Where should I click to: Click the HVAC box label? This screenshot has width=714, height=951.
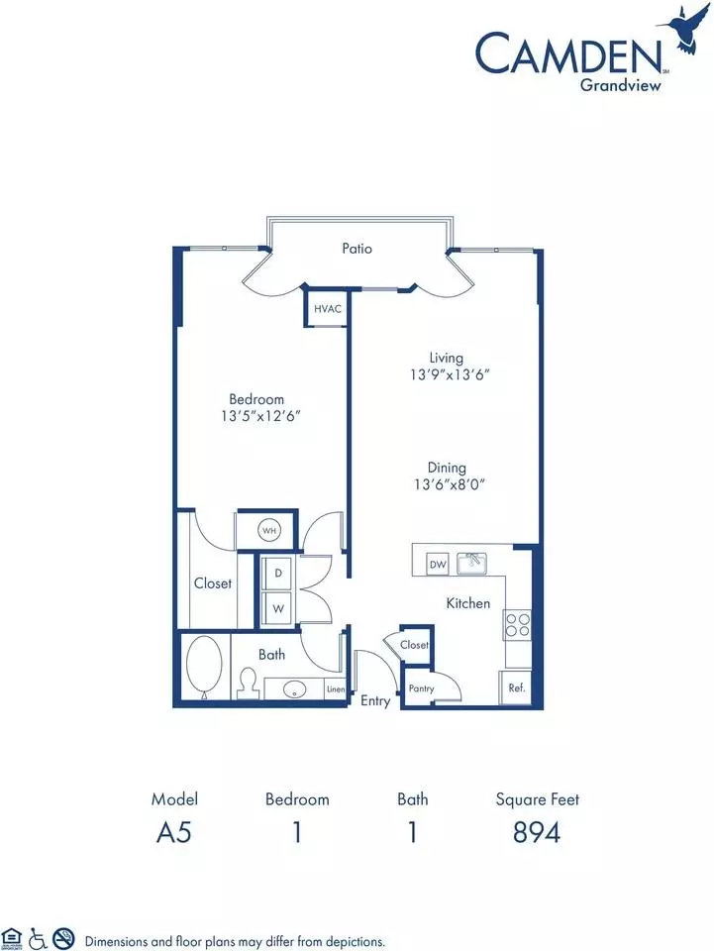click(x=328, y=309)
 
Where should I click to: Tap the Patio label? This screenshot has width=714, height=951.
click(x=357, y=248)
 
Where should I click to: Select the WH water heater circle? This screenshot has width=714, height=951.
click(x=269, y=531)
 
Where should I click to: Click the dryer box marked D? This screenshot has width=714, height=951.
click(x=278, y=573)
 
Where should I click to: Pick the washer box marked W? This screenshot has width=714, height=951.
click(x=278, y=607)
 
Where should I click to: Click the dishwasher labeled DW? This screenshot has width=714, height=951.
click(x=438, y=564)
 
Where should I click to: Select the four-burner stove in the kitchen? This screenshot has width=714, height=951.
click(x=517, y=625)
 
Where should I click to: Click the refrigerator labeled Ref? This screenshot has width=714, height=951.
click(x=516, y=687)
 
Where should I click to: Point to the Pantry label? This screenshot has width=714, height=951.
click(x=421, y=688)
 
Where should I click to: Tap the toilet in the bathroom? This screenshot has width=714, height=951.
click(x=248, y=685)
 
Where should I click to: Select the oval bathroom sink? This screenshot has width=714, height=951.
click(x=295, y=689)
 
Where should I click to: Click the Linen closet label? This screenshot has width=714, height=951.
click(x=336, y=689)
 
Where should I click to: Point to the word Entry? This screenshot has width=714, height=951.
click(x=375, y=701)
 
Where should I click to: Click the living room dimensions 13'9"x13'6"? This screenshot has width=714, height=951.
click(x=450, y=374)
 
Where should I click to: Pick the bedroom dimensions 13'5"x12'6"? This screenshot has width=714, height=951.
click(x=260, y=416)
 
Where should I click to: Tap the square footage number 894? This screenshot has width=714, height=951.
click(x=537, y=832)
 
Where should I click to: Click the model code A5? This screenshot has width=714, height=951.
click(x=174, y=832)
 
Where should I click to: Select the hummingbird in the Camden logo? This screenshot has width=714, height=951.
click(x=685, y=30)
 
